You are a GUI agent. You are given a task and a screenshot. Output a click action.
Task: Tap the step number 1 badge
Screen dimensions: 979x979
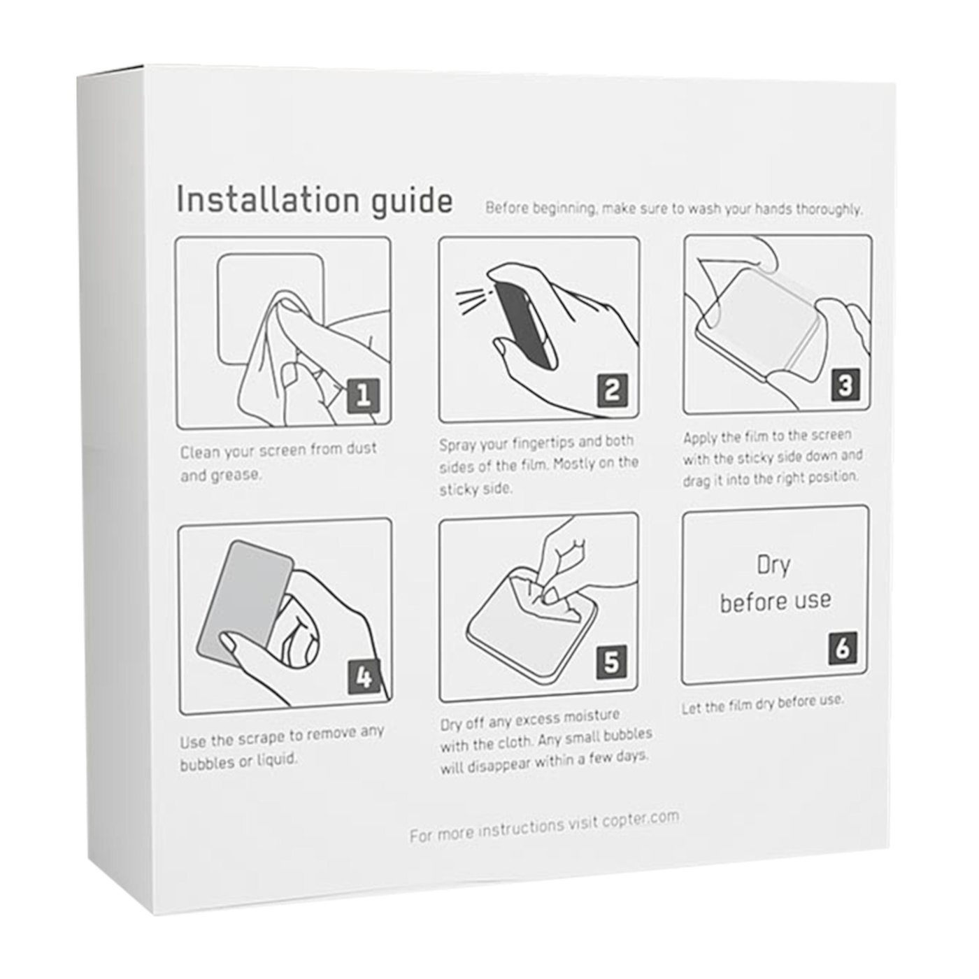click(x=363, y=395)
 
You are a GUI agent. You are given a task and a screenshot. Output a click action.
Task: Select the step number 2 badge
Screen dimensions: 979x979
click(x=612, y=390)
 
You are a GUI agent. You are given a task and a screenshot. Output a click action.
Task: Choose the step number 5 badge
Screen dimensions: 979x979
click(x=612, y=662)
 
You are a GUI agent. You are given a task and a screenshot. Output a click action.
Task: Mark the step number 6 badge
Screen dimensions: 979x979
click(x=843, y=648)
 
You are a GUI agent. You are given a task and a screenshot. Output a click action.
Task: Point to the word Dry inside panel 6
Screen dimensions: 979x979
click(x=773, y=566)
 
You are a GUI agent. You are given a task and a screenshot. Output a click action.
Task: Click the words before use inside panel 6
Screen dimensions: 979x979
click(x=776, y=601)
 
